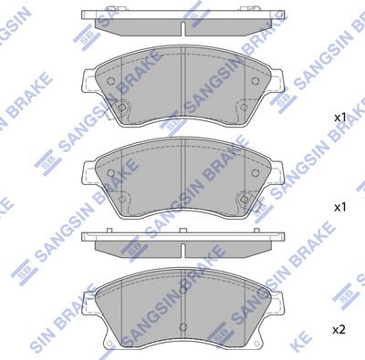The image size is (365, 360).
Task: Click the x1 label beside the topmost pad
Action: pos(339,118)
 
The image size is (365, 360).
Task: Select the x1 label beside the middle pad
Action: pos(339,208)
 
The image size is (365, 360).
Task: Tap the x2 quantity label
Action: pos(339,329)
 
